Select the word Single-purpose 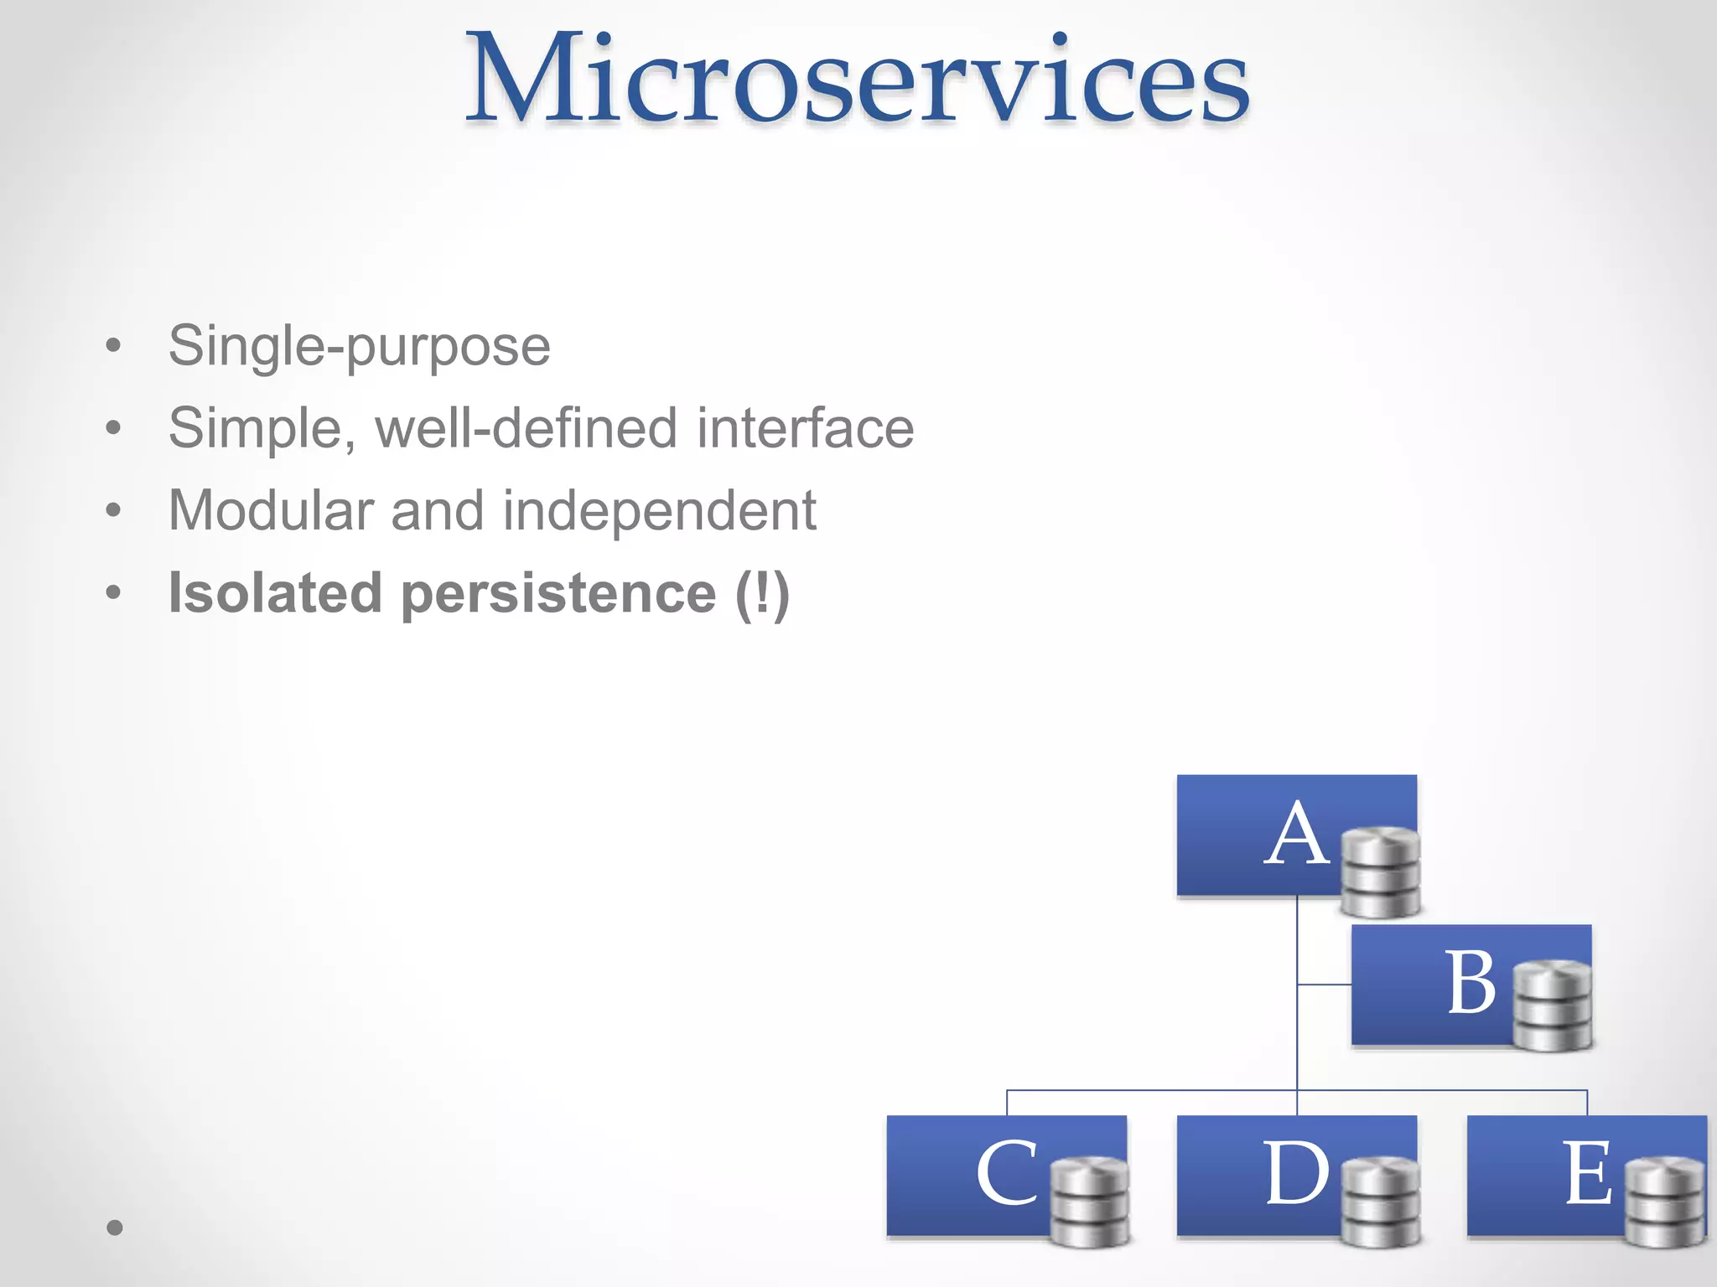pyautogui.click(x=359, y=346)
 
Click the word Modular pyautogui.click(x=271, y=510)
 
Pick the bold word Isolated pyautogui.click(x=275, y=592)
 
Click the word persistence pyautogui.click(x=558, y=594)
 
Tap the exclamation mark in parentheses pyautogui.click(x=762, y=593)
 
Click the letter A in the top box pyautogui.click(x=1296, y=835)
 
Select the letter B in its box pyautogui.click(x=1471, y=984)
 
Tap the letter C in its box pyautogui.click(x=1006, y=1175)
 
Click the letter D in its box pyautogui.click(x=1296, y=1175)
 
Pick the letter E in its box pyautogui.click(x=1587, y=1175)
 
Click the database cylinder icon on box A pyautogui.click(x=1380, y=871)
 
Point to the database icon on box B pyautogui.click(x=1553, y=1005)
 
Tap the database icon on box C pyautogui.click(x=1090, y=1202)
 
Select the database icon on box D pyautogui.click(x=1380, y=1202)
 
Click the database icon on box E pyautogui.click(x=1665, y=1202)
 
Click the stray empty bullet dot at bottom pyautogui.click(x=115, y=1228)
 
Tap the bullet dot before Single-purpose pyautogui.click(x=114, y=346)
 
